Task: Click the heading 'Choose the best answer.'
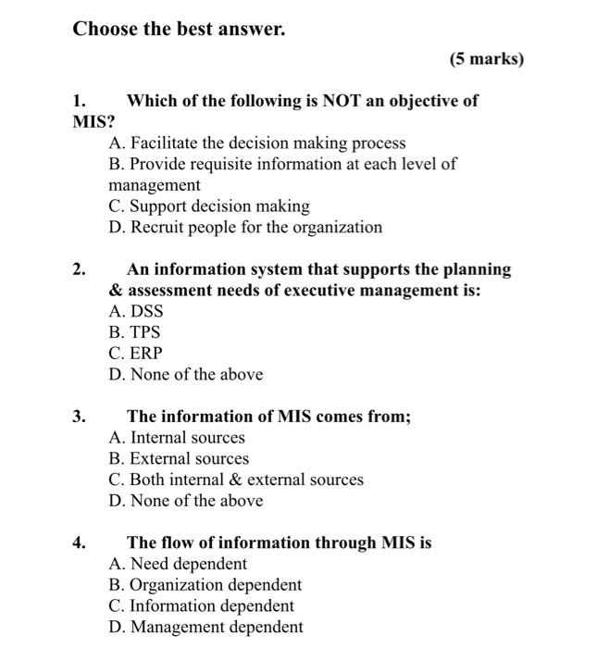(x=180, y=30)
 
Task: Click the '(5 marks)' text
(x=486, y=60)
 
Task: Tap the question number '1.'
(x=81, y=101)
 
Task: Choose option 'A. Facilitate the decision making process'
(x=256, y=143)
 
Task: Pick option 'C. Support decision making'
(x=208, y=206)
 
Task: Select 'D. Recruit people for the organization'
(x=244, y=228)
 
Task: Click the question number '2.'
(x=81, y=269)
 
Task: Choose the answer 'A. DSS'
(x=135, y=312)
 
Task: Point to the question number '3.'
(x=81, y=417)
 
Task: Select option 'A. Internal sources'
(x=176, y=438)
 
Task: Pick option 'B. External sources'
(x=178, y=459)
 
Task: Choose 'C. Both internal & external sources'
(x=235, y=480)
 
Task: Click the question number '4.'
(x=81, y=543)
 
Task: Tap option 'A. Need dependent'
(x=177, y=564)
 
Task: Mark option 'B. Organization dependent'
(x=205, y=585)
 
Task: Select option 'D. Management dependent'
(x=205, y=628)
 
